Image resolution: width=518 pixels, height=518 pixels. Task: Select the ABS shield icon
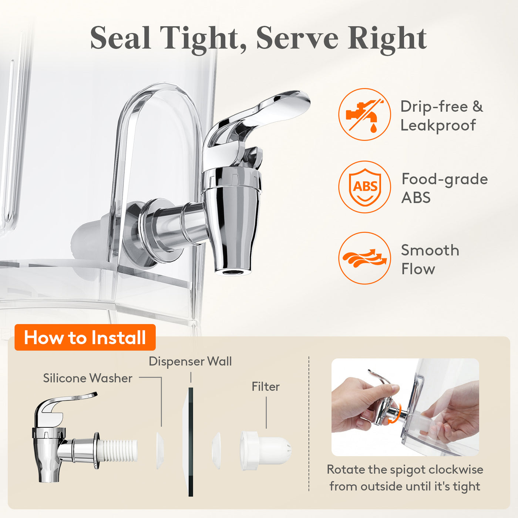point(364,187)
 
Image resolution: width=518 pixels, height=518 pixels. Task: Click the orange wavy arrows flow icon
point(364,258)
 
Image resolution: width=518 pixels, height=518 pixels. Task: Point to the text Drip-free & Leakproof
point(442,115)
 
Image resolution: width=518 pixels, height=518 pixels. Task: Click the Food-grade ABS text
point(444,188)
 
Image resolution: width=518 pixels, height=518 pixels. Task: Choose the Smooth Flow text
point(430,259)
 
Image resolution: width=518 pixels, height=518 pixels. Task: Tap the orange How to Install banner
point(85,337)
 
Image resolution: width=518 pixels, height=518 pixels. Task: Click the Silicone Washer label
point(88,378)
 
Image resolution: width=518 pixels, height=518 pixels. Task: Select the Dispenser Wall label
point(190,361)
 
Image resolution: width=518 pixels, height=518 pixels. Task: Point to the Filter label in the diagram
point(266,387)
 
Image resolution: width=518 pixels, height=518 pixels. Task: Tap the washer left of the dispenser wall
point(160,451)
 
